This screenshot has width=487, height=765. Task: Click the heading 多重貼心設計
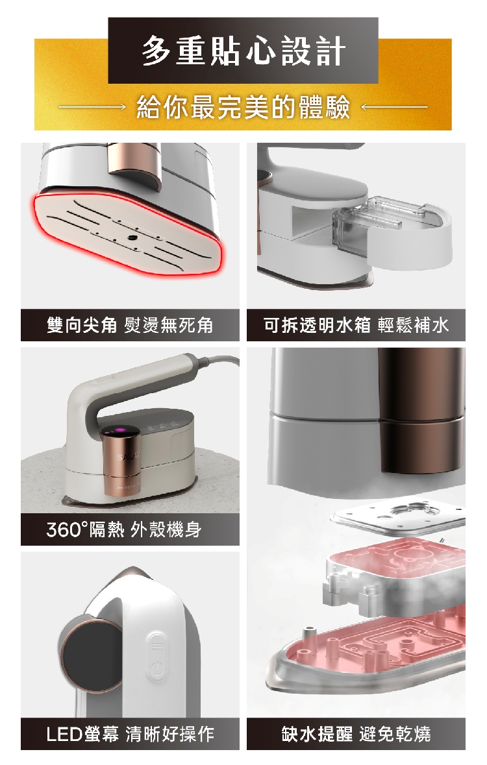pyautogui.click(x=243, y=51)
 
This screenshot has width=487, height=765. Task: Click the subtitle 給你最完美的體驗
pyautogui.click(x=243, y=107)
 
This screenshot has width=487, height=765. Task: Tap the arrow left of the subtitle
pyautogui.click(x=92, y=107)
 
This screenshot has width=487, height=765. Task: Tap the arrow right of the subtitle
pyautogui.click(x=393, y=107)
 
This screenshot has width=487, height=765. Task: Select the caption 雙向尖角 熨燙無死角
pyautogui.click(x=130, y=325)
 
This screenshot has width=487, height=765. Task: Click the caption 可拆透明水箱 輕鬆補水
pyautogui.click(x=356, y=325)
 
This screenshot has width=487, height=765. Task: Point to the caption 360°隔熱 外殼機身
pyautogui.click(x=123, y=529)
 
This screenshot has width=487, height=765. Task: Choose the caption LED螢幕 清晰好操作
pyautogui.click(x=130, y=734)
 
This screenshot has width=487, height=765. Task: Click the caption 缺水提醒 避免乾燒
pyautogui.click(x=356, y=734)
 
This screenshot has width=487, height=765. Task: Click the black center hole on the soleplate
pyautogui.click(x=131, y=237)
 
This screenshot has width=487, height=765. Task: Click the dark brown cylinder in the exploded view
pyautogui.click(x=421, y=410)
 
